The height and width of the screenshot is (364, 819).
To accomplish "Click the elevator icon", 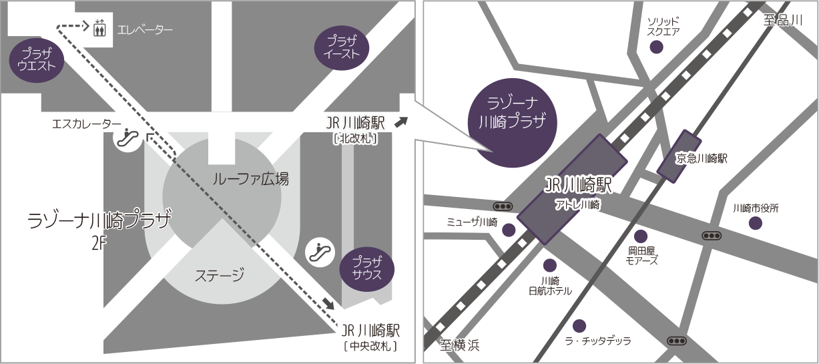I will [x=100, y=29].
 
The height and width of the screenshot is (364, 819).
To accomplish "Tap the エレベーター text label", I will [x=145, y=30].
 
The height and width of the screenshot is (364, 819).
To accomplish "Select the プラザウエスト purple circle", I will [x=37, y=63].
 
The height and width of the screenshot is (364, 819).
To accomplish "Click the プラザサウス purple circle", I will [x=366, y=268].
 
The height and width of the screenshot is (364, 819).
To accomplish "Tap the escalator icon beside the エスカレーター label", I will [x=127, y=140].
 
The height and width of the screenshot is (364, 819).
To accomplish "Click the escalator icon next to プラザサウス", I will [x=319, y=252].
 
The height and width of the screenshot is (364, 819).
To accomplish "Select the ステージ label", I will [x=219, y=275].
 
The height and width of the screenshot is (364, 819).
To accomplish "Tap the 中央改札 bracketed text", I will [x=370, y=346].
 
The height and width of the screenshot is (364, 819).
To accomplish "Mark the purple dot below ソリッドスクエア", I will [x=657, y=47].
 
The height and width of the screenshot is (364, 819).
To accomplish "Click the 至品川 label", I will [x=782, y=20].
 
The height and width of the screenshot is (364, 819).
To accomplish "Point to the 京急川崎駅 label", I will [x=701, y=158].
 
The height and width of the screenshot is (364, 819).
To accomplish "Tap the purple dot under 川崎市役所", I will [x=755, y=223].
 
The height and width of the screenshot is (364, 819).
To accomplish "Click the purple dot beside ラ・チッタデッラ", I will [x=579, y=325].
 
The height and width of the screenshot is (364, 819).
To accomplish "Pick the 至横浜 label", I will [x=460, y=345].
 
